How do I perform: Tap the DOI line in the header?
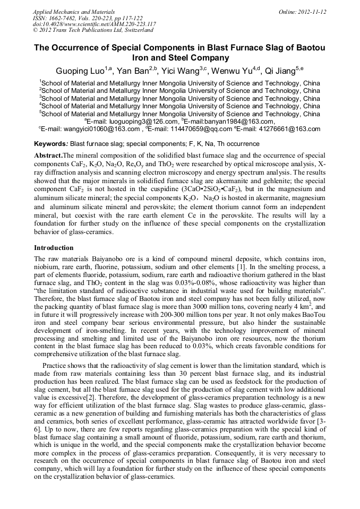pos(94,24)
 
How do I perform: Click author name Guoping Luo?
pos(75,71)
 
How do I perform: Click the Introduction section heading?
pos(54,248)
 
